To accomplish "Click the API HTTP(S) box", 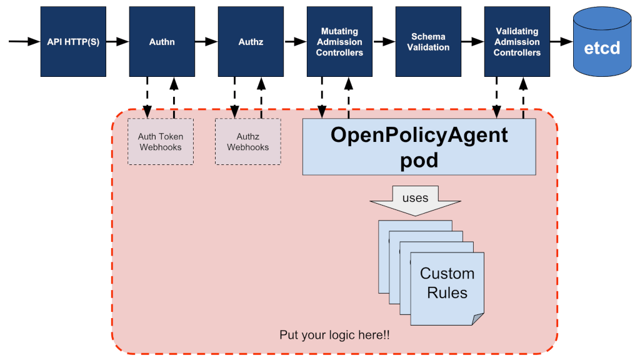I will click(72, 42).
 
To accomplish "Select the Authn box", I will click(162, 42).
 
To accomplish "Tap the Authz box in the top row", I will click(251, 42).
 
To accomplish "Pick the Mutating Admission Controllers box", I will click(339, 42).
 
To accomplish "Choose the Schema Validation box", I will click(428, 42).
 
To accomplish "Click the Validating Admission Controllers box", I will click(517, 42).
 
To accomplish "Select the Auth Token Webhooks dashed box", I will click(161, 141).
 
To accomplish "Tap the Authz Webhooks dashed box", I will click(247, 141).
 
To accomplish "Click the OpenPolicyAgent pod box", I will click(419, 146).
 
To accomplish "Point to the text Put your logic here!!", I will click(334, 334).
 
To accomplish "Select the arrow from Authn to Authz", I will click(206, 42).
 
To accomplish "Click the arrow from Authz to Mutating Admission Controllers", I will click(294, 42).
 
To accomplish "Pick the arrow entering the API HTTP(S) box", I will click(24, 42).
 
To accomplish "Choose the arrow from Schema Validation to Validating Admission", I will click(472, 42).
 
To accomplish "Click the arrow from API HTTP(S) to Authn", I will click(117, 42).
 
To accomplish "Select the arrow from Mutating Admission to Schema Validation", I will click(383, 42).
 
